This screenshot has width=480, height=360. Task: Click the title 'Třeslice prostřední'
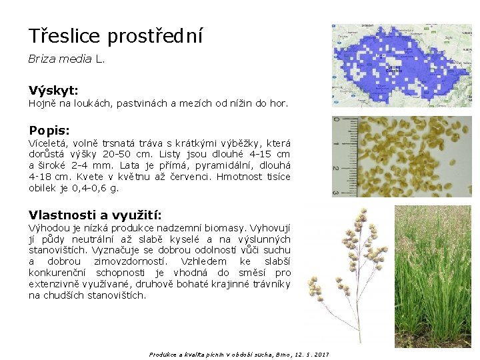pyautogui.click(x=115, y=35)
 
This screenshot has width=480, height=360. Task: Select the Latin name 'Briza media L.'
pyautogui.click(x=67, y=59)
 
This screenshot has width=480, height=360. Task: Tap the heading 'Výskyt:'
pyautogui.click(x=53, y=89)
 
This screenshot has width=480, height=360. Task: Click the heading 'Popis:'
pyautogui.click(x=49, y=130)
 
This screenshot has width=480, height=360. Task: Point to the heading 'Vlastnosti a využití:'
pyautogui.click(x=95, y=214)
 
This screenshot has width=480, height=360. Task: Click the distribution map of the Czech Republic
pyautogui.click(x=401, y=65)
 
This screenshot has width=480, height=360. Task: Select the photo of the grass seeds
pyautogui.click(x=401, y=157)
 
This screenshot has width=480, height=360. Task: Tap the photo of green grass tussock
pyautogui.click(x=433, y=277)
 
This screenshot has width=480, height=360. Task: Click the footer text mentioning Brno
pyautogui.click(x=239, y=354)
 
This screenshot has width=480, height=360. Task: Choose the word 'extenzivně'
pyautogui.click(x=54, y=284)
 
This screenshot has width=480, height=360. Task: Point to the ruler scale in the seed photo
pyautogui.click(x=338, y=157)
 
